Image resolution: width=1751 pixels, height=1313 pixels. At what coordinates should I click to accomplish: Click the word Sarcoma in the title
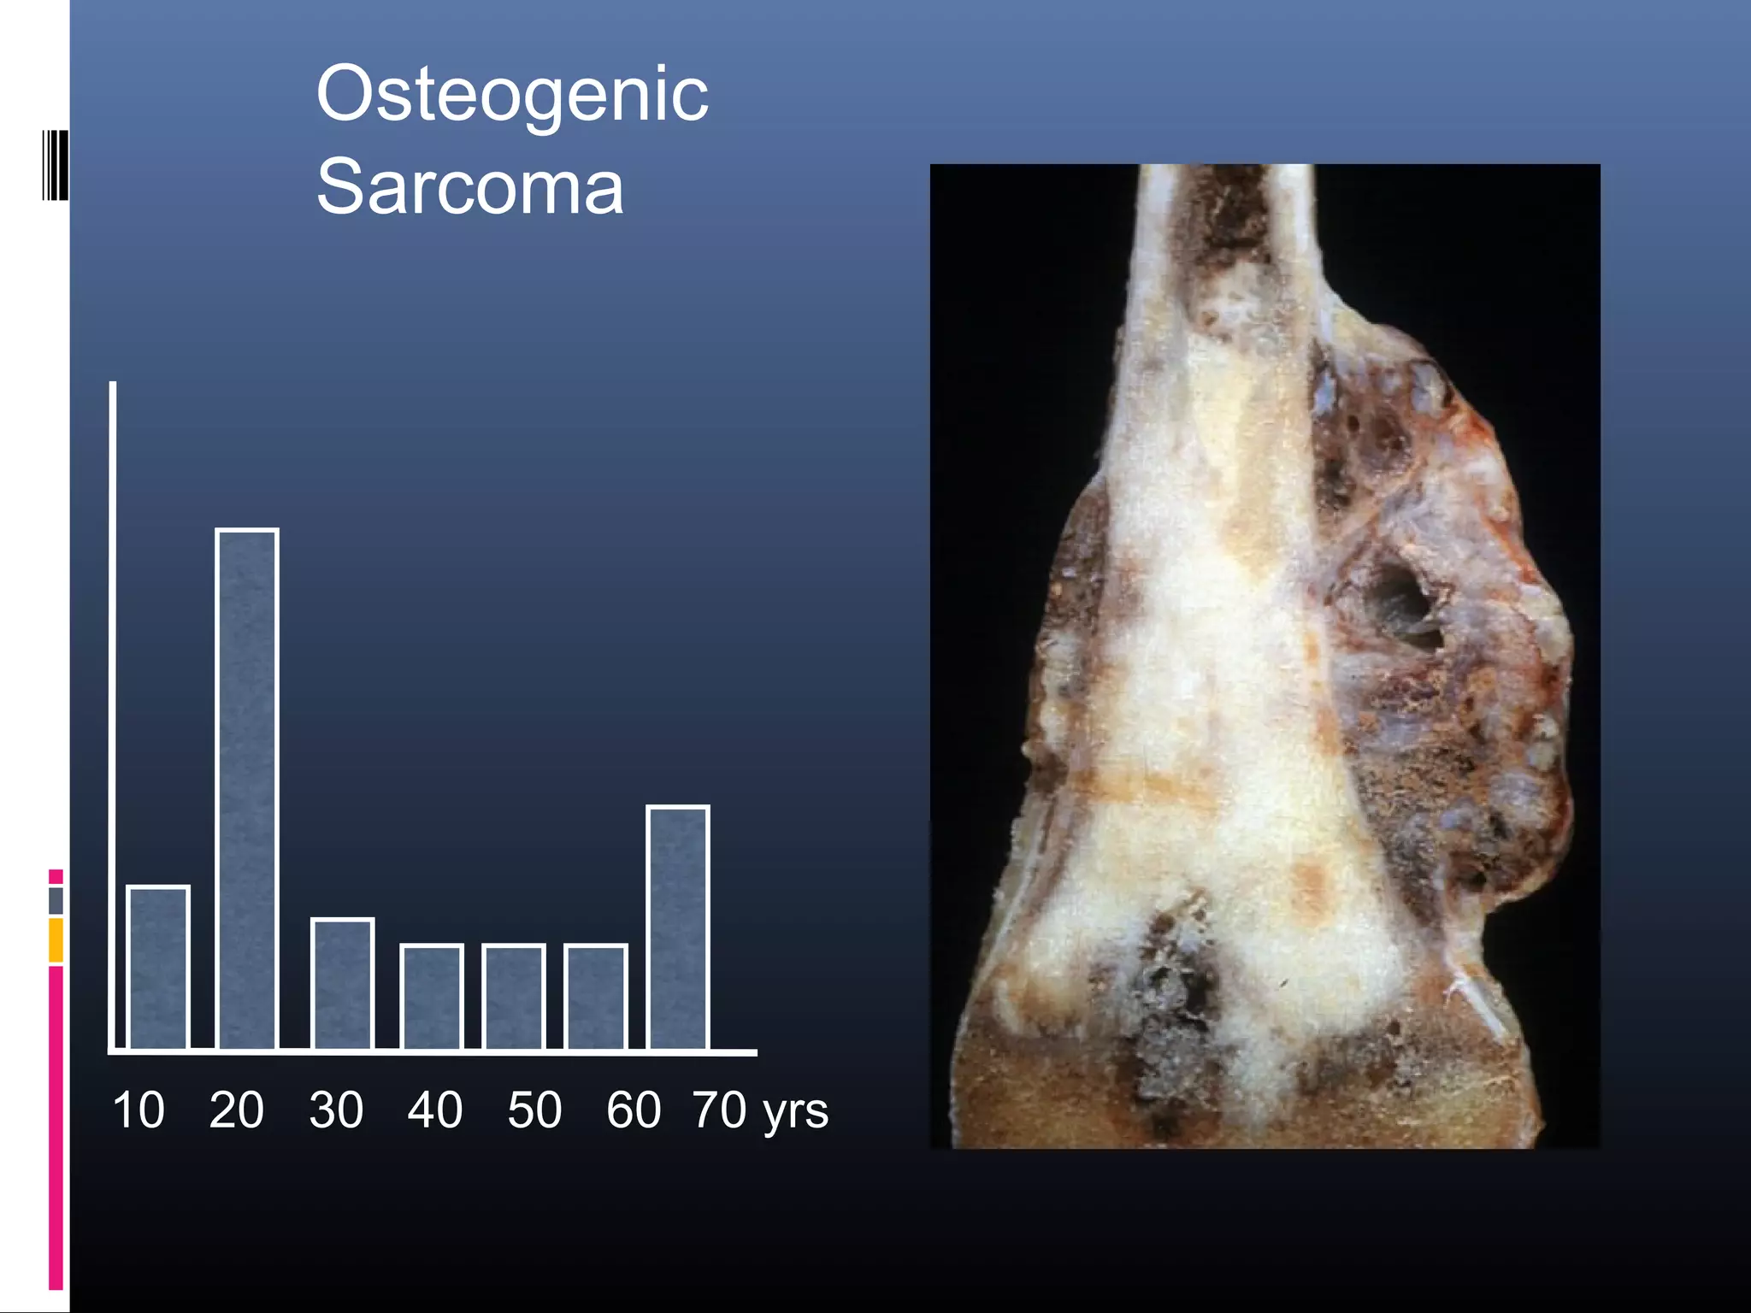coord(469,187)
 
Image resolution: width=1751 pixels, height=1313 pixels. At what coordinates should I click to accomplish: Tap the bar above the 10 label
coord(158,967)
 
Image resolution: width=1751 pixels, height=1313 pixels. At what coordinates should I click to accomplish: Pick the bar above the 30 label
coord(342,983)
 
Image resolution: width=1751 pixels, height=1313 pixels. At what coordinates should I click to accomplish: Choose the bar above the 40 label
coord(432,996)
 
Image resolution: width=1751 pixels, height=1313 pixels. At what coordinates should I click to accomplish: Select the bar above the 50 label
coord(513,996)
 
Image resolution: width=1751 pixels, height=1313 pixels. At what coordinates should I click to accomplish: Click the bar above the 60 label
coord(596,996)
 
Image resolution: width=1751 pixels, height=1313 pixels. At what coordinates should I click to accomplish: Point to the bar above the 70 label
coord(678,927)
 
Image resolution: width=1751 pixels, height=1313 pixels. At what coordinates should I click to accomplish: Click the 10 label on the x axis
coord(138,1110)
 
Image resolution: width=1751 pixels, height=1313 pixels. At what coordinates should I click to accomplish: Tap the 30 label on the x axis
coord(336,1110)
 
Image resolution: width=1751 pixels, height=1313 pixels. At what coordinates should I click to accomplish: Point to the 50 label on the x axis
coord(534,1110)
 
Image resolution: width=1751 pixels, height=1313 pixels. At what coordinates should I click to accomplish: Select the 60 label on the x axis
coord(634,1110)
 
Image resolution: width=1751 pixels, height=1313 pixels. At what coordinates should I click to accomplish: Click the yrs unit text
coord(795,1112)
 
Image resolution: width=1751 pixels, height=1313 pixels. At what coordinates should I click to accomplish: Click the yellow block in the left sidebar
coord(56,939)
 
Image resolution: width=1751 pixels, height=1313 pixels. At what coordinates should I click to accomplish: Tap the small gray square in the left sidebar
coord(56,900)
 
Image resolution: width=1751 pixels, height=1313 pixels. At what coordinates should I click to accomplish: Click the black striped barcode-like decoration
coord(55,165)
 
